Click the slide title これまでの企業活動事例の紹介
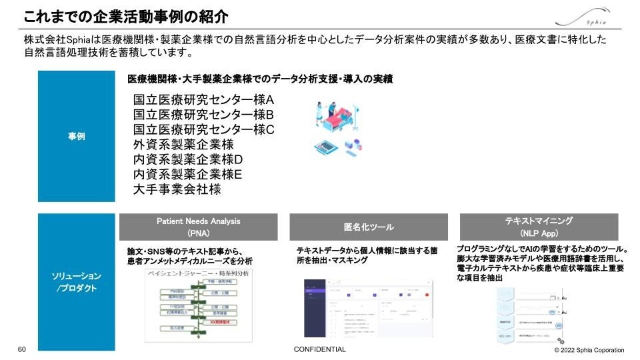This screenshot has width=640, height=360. click(x=126, y=15)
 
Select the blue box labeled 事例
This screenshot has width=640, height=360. click(x=76, y=137)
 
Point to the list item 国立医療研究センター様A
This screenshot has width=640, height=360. click(x=203, y=99)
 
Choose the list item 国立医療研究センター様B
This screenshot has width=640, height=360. click(x=203, y=114)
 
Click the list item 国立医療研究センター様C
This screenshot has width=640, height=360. click(x=203, y=129)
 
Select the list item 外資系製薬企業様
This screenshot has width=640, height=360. click(x=183, y=145)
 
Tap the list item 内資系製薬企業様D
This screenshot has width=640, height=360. click(x=188, y=159)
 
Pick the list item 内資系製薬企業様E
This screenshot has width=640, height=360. click(x=188, y=174)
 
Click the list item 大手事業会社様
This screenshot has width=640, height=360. click(x=177, y=189)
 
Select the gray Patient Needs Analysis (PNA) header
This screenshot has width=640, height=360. click(x=198, y=227)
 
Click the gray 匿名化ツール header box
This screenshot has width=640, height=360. click(x=369, y=227)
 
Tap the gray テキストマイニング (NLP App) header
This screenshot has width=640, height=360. click(x=539, y=227)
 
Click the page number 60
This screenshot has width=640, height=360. click(x=21, y=350)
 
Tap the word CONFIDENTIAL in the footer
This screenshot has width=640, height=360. click(x=319, y=350)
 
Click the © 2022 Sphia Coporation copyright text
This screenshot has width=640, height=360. click(x=589, y=350)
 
